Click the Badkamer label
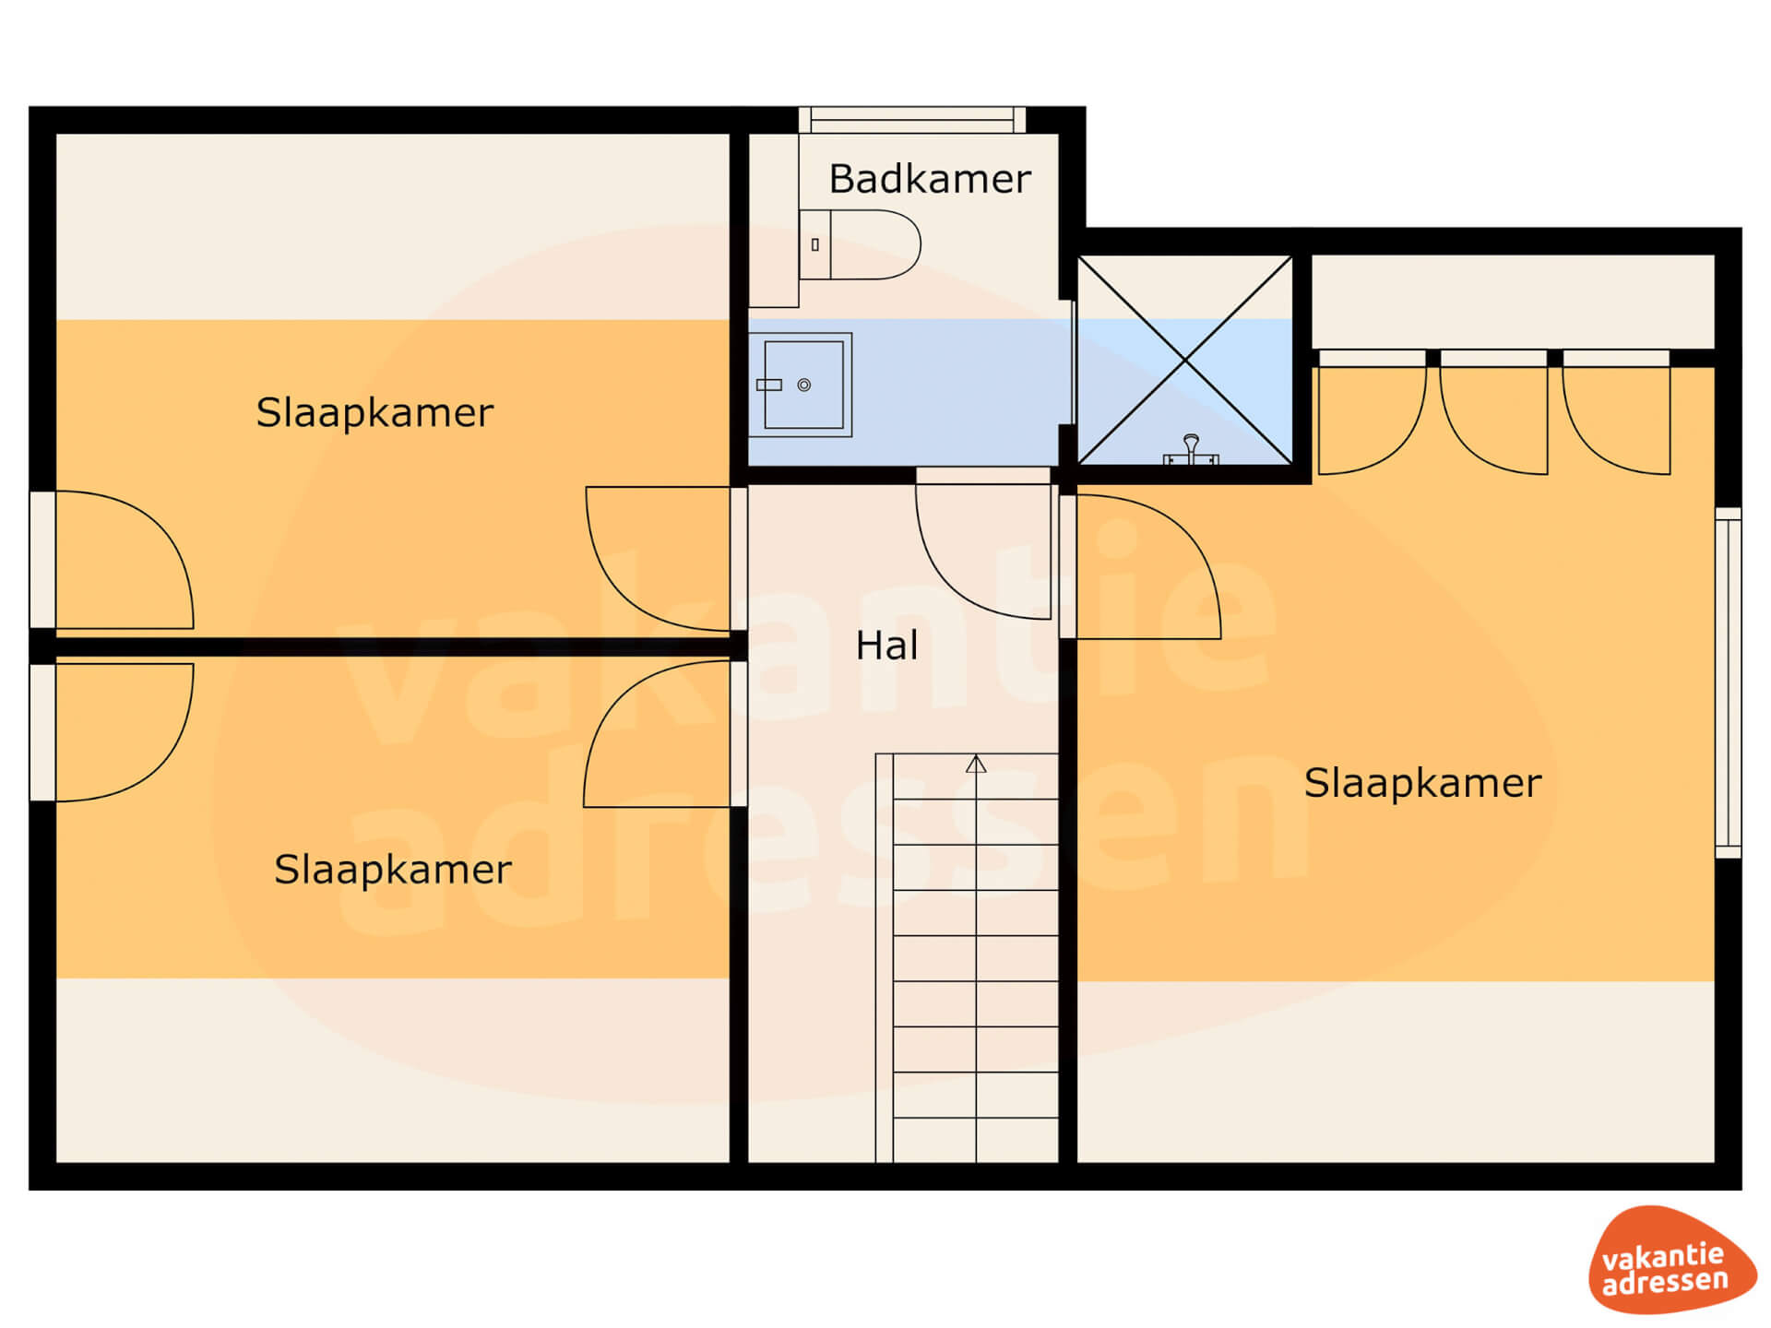(x=930, y=178)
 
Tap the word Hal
(x=886, y=646)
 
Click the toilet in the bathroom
(x=860, y=244)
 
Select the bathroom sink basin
(x=800, y=385)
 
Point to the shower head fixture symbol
(x=1191, y=449)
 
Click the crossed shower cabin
(x=1184, y=360)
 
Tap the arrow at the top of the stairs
(x=976, y=765)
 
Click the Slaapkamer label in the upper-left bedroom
(x=374, y=412)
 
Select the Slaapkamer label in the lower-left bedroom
(x=393, y=870)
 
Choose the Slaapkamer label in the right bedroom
(x=1422, y=783)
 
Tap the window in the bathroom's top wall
(x=912, y=120)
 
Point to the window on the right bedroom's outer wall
(x=1729, y=682)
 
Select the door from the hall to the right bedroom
(x=1141, y=567)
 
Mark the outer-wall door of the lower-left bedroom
(x=112, y=732)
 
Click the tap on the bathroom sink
(x=769, y=385)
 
